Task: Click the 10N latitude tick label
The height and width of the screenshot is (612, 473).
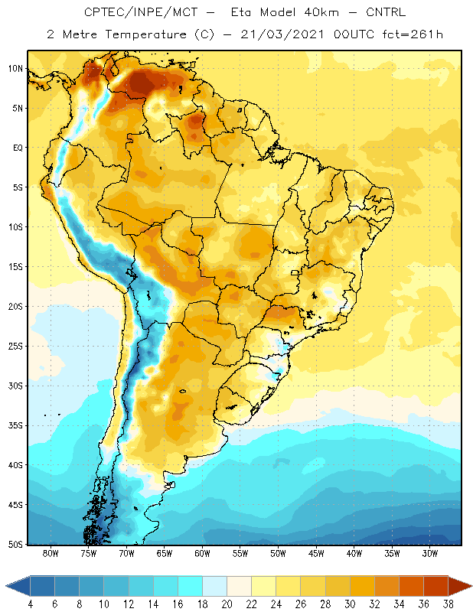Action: point(15,69)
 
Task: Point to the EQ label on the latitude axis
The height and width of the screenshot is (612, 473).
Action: point(18,148)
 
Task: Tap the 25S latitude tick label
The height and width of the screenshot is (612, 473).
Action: point(15,347)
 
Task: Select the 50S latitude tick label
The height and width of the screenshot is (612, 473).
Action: point(15,545)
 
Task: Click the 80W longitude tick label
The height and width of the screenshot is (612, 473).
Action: point(51,553)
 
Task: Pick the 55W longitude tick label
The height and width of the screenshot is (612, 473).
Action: point(240,553)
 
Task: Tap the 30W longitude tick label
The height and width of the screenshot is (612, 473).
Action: point(430,553)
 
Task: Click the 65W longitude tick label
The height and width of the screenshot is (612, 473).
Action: point(165,553)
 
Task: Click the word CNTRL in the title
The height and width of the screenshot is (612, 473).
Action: point(386,12)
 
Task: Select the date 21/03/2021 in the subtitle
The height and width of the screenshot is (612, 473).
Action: point(282,34)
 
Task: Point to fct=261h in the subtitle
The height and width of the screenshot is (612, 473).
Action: point(413,34)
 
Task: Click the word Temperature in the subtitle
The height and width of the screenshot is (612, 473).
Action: point(145,34)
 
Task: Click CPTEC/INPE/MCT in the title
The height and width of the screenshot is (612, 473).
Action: point(141,12)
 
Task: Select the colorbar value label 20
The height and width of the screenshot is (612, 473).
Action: point(227,604)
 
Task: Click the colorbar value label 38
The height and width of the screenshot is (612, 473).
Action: point(449,604)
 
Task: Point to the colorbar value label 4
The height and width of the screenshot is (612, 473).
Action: point(30,604)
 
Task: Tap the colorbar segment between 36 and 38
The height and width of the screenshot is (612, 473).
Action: point(436,586)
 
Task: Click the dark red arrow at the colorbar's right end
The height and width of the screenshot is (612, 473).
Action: point(459,586)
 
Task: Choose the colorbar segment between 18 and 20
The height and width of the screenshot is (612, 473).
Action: point(214,586)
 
